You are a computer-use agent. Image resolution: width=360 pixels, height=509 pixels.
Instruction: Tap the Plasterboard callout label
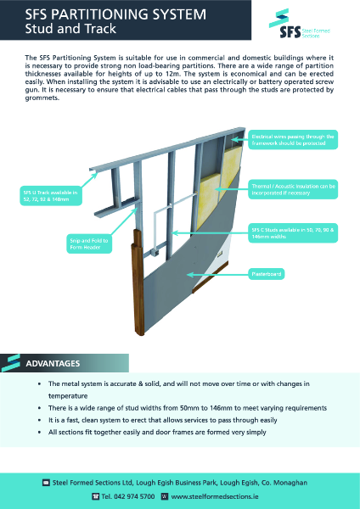coord(266,274)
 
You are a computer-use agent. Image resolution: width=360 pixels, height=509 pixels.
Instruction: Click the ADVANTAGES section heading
coord(53,363)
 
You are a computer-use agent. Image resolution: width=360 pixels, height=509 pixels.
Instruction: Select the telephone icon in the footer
coord(95,495)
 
